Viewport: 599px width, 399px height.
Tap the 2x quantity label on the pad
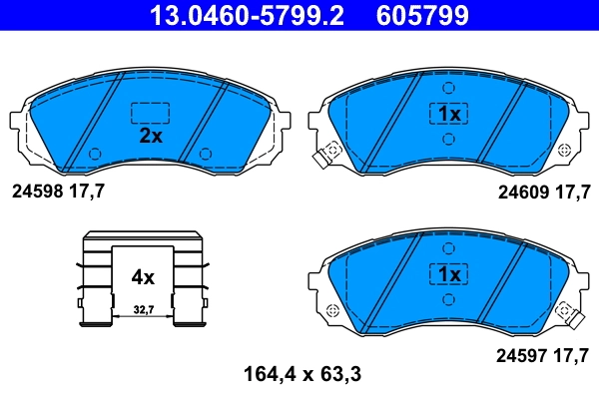150,137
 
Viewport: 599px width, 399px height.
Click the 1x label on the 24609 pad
448,115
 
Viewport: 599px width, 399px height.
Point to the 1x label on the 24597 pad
448,273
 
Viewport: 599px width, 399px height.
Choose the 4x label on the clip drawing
143,276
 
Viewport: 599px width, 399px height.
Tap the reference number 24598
36,191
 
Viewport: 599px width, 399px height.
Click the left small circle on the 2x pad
95,153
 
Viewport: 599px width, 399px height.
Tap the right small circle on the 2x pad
205,153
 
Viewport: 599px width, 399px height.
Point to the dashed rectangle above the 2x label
150,113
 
